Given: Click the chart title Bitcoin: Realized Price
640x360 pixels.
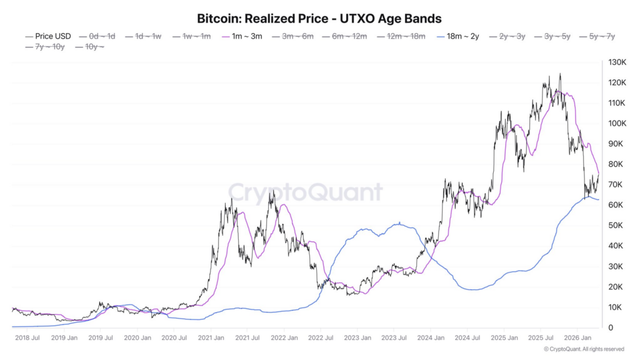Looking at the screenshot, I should coord(319,18).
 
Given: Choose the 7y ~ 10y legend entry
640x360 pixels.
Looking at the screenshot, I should coord(49,47).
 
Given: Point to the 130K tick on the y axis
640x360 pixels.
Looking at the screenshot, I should coord(615,62).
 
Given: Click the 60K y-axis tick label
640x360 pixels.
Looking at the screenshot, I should coord(615,205).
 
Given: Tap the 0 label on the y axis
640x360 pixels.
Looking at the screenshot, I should coord(609,327).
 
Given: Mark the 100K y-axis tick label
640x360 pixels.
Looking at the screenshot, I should coord(615,124).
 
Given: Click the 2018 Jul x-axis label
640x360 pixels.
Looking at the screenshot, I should coord(27,338).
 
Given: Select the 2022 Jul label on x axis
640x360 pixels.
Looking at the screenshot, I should coord(321,338).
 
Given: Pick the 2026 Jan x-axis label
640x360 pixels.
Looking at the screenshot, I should coord(578,338).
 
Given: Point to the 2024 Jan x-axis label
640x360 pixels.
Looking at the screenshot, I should coord(431,338).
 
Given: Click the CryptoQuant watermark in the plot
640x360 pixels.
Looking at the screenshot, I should coord(304,192).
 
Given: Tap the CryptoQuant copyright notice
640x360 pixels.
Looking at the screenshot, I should coord(583,349).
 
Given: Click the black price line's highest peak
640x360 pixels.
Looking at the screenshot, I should coord(560,74).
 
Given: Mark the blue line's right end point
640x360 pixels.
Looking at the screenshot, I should coord(599,200).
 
